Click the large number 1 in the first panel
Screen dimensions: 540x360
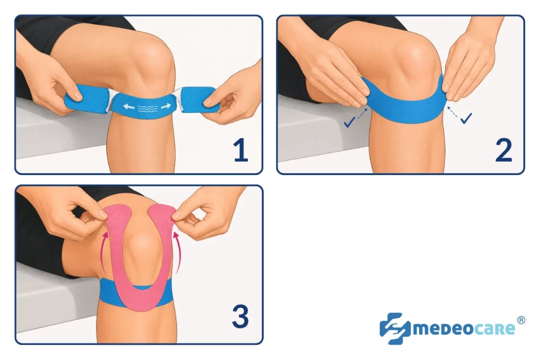240,150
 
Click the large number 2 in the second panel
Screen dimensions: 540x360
504,150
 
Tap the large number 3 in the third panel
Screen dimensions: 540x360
240,316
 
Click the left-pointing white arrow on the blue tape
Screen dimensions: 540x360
129,107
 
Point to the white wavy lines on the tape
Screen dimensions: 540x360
147,109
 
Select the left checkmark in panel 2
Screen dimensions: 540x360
349,122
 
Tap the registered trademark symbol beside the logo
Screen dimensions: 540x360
521,320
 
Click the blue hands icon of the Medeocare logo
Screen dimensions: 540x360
394,328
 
